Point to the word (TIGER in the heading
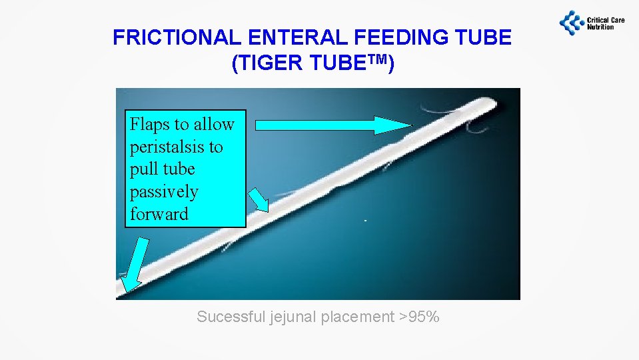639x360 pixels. coord(262,64)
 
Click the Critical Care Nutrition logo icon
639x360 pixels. coord(571,22)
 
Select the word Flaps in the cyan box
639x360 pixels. coord(149,124)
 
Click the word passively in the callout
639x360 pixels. coord(164,192)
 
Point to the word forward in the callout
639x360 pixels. coord(159,214)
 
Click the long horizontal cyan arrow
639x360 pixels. coord(334,125)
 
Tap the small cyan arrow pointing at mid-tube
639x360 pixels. coord(259,200)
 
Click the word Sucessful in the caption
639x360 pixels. coord(231,317)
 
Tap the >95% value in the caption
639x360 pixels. coord(419,317)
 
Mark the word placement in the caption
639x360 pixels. coord(358,317)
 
